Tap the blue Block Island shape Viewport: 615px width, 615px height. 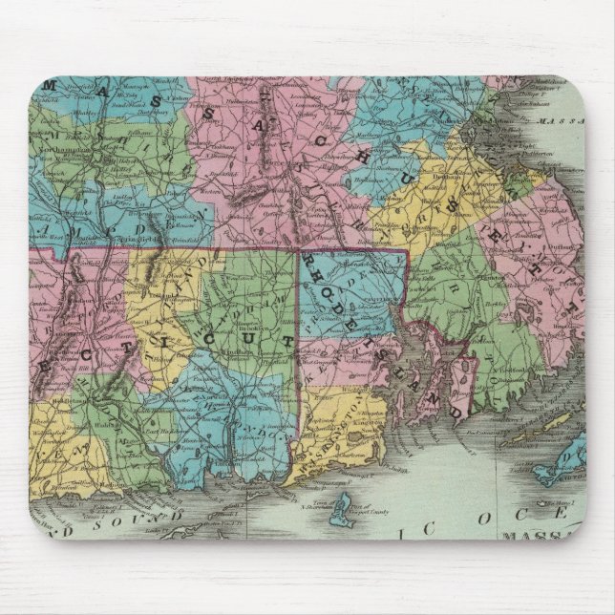(x=336, y=520)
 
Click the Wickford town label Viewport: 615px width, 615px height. (x=380, y=377)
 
